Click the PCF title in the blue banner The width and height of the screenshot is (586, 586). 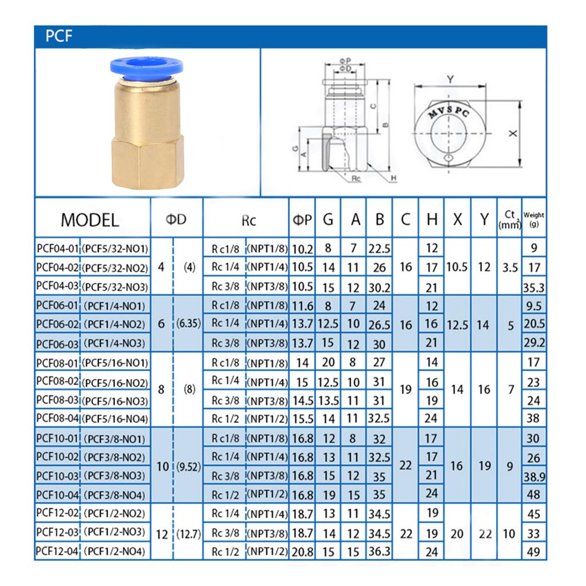pos(59,36)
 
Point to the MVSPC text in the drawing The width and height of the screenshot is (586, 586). pos(449,112)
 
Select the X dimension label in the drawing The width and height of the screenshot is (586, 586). pos(513,133)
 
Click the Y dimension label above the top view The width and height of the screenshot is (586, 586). pos(450,79)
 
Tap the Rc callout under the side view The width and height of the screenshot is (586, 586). pos(356,179)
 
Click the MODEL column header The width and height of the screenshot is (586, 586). pos(90,220)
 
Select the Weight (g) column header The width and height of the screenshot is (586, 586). pos(534,219)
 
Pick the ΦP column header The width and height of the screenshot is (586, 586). pos(302,220)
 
